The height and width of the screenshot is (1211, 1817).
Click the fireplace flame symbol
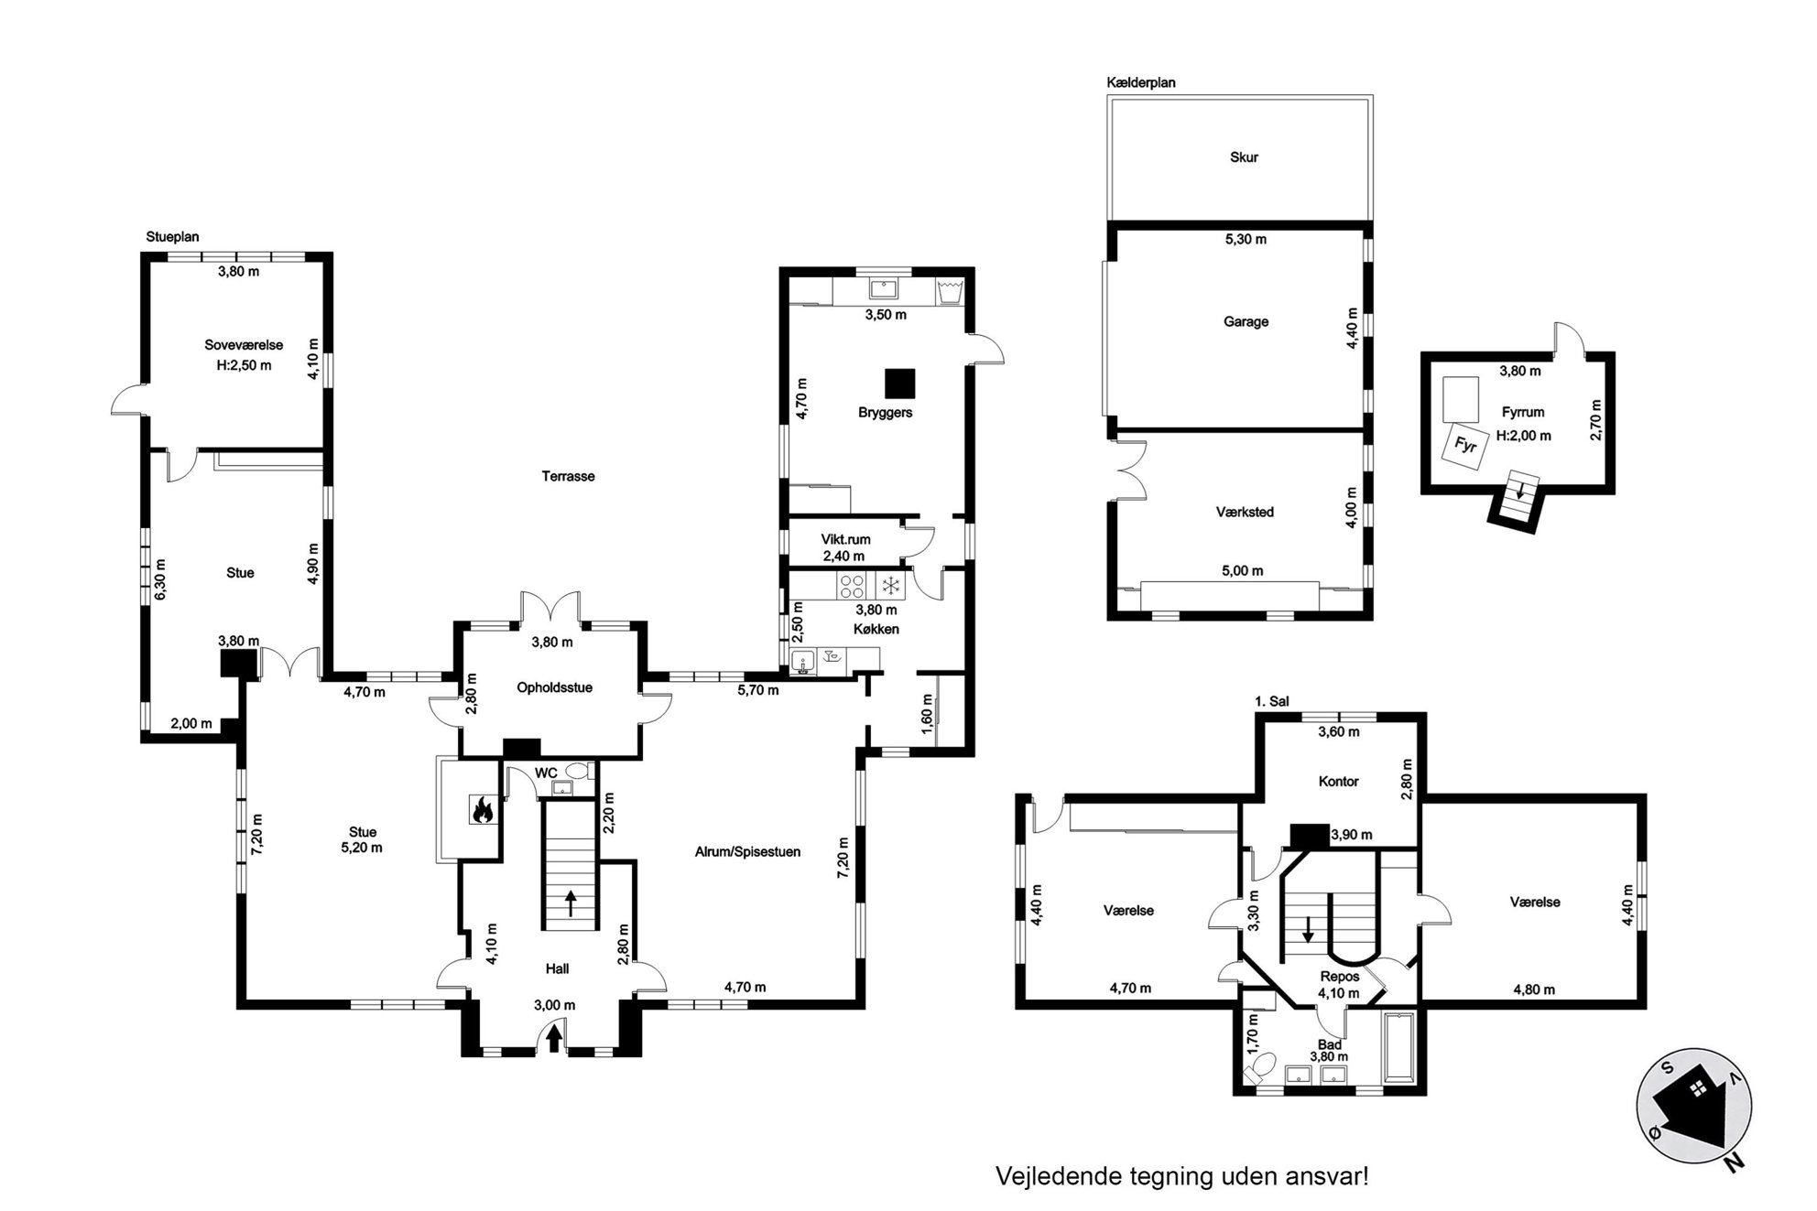[482, 810]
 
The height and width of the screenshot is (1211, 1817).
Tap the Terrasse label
[568, 476]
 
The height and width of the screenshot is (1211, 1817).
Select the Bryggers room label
[885, 413]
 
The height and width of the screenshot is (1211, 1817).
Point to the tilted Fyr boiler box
[1465, 446]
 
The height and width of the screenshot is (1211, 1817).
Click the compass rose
[1694, 1107]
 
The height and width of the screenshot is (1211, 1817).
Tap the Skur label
[1244, 157]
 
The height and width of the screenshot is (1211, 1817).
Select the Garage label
[1246, 322]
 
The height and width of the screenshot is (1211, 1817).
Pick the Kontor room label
[1338, 782]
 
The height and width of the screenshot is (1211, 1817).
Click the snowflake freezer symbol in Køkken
[889, 586]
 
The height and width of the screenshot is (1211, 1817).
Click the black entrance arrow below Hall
[554, 1039]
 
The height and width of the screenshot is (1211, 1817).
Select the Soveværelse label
[244, 345]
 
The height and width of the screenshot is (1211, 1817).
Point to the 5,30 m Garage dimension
[1246, 240]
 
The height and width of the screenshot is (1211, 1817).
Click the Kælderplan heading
[1141, 82]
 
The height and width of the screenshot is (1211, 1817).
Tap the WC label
[546, 773]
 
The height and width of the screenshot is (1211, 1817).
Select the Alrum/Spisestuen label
[747, 852]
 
